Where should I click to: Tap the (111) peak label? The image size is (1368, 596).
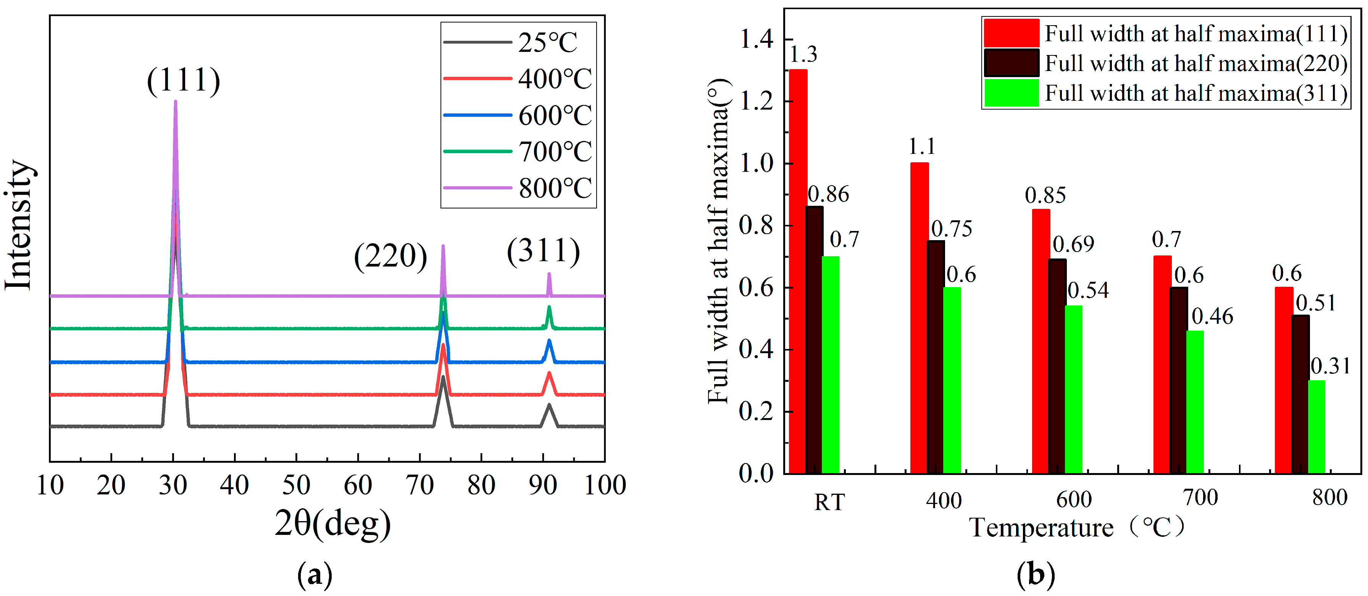pos(183,81)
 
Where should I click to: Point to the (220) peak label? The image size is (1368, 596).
pos(390,257)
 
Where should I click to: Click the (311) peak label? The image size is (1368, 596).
pos(543,251)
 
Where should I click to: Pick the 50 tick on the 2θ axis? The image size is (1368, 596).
pos(296,485)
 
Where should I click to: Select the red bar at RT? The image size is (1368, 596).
pos(798,271)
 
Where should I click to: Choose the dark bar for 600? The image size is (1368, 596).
pos(1057,366)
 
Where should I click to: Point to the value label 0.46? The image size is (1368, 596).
pos(1212,317)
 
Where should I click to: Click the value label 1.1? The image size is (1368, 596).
pos(921,147)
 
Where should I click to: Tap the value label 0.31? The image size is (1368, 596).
pos(1330,366)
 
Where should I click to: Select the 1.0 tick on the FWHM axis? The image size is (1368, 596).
pos(756,164)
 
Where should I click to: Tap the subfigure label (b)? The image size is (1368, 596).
pos(1035,574)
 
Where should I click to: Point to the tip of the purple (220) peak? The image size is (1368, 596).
pos(443,247)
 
